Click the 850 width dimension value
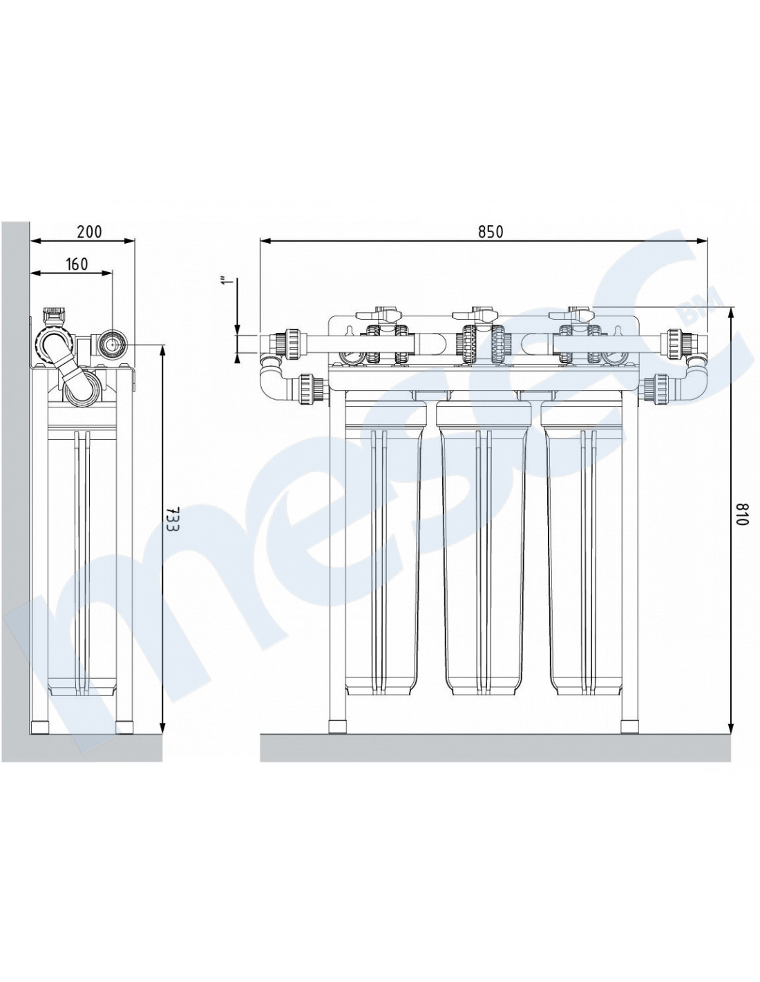tap(490, 231)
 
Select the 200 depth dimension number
tap(90, 231)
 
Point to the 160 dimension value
tap(77, 264)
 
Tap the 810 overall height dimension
tap(742, 514)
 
